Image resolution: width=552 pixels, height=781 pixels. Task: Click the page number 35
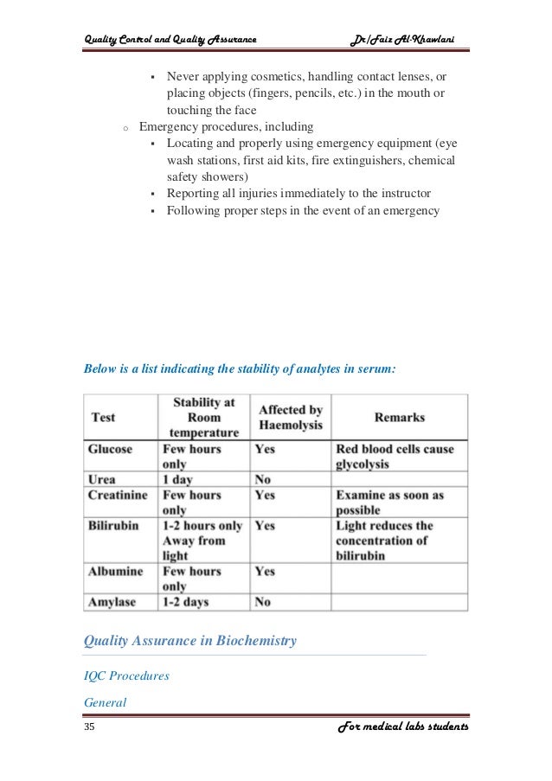[89, 727]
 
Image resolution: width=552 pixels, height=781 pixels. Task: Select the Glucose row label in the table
[110, 450]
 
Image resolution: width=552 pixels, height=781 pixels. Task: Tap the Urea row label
[102, 479]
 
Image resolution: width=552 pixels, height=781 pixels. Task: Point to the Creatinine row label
[118, 495]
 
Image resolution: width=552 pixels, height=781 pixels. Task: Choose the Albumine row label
[115, 571]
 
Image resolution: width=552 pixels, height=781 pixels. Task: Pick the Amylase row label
[112, 601]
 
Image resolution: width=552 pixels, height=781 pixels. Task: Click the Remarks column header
[399, 417]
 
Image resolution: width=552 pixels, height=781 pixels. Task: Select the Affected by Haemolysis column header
[291, 418]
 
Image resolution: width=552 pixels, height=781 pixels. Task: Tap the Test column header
[103, 417]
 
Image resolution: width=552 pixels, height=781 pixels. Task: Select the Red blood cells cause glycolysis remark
[395, 457]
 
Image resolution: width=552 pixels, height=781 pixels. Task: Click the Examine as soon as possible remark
[389, 503]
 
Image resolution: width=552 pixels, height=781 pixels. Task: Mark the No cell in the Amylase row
[263, 601]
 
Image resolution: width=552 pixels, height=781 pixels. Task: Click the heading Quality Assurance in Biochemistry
[189, 641]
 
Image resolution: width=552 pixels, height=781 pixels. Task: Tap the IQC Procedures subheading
[125, 676]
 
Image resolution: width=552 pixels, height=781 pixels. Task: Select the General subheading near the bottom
[105, 702]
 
